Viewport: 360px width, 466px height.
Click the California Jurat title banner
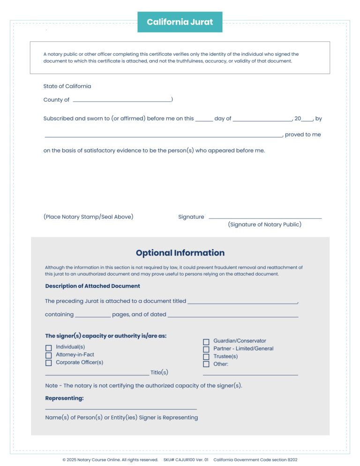click(x=180, y=22)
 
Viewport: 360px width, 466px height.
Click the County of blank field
click(x=122, y=100)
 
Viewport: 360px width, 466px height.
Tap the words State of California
click(x=67, y=86)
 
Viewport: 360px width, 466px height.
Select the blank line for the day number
click(x=204, y=119)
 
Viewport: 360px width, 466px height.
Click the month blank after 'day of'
click(x=262, y=119)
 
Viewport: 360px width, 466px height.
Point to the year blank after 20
click(x=307, y=119)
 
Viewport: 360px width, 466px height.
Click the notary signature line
click(x=265, y=217)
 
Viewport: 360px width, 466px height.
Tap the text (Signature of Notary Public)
click(x=264, y=225)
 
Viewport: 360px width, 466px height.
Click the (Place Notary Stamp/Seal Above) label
click(x=88, y=217)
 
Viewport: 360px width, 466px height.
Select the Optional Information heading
click(x=180, y=253)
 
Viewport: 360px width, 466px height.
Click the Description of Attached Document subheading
click(x=92, y=286)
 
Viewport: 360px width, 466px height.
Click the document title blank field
click(x=242, y=302)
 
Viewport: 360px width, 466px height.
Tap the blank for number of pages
click(x=93, y=315)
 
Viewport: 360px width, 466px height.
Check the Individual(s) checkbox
click(x=48, y=347)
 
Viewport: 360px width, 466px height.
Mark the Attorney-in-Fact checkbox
click(x=48, y=355)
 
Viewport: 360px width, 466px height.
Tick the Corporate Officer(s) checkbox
click(x=48, y=363)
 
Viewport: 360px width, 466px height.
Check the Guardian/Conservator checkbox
click(x=206, y=342)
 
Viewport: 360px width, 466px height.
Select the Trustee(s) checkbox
click(x=206, y=357)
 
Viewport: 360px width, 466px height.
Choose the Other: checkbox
click(x=206, y=364)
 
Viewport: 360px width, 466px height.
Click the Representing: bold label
click(x=64, y=398)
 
